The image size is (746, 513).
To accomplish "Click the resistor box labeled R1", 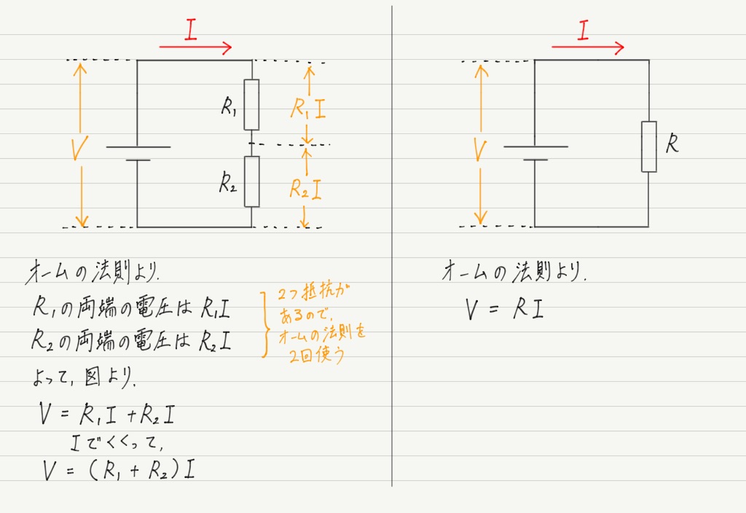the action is coord(251,105).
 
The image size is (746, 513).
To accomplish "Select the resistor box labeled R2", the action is coord(251,181).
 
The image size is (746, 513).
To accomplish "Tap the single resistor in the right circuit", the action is coord(649,146).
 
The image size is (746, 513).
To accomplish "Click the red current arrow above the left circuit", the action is coord(195,47).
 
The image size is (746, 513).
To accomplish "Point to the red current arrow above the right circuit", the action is coord(588,47).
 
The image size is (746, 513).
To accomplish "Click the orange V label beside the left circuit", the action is coord(79,149).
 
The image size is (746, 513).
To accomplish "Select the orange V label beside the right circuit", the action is coord(481,150).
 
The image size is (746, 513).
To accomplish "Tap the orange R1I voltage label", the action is coord(308,108).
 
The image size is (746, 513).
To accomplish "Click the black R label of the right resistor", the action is coord(672,144).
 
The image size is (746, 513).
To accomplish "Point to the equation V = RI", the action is coord(504,310).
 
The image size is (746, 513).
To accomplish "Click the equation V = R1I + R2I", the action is coord(108,415).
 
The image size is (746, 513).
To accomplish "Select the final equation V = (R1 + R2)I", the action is coord(119,470).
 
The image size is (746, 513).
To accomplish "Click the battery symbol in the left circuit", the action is coord(138,153).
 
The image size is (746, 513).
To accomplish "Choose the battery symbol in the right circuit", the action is coord(535,153).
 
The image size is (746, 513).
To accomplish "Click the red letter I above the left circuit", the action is coord(191,29).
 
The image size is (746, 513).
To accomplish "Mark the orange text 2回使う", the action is coord(316,355).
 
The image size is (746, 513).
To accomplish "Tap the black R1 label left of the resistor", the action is coord(228,106).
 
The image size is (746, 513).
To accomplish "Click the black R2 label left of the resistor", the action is coord(228,183).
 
